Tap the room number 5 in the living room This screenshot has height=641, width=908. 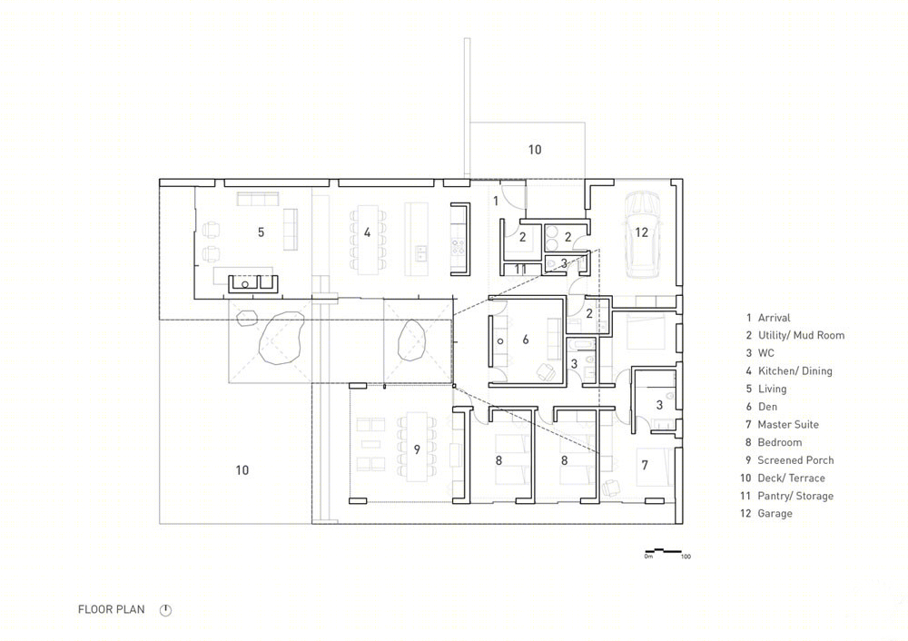coord(262,232)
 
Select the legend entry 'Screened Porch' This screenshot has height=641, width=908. coord(795,460)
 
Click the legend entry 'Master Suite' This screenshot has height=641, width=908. coord(788,424)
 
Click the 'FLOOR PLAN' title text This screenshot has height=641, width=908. coord(111,609)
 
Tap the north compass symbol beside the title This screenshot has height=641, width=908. coord(165,610)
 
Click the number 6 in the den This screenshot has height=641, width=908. coord(526,340)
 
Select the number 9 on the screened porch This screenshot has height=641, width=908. coord(417,449)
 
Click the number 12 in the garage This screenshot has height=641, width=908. coord(641,232)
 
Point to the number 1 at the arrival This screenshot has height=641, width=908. coord(496,201)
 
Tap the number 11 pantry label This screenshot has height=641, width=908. coord(520,270)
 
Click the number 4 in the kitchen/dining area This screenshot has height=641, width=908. coord(367,232)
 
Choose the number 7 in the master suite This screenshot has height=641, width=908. coord(645,464)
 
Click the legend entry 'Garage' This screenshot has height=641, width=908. coord(775,514)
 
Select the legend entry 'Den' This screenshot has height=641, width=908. coord(768,407)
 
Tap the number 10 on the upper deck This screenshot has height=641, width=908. coord(535,150)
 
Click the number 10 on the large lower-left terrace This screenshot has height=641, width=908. coord(242,470)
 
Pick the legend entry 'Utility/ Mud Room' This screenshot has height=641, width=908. coord(801,335)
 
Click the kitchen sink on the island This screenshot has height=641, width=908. coord(421,251)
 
